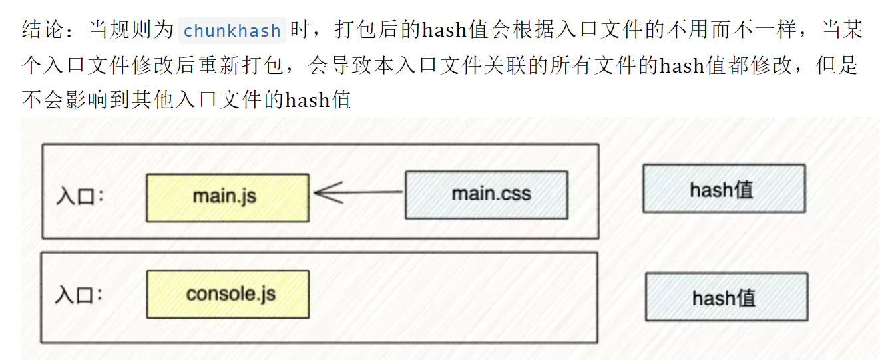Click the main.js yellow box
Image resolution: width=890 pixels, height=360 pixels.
tap(227, 198)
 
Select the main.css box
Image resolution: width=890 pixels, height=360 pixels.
tap(486, 195)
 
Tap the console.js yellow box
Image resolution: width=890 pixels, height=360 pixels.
tap(227, 294)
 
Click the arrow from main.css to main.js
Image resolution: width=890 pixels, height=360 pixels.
tap(358, 193)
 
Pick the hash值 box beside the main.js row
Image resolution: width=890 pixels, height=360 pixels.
tap(724, 189)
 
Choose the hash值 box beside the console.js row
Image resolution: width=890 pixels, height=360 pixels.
tap(726, 297)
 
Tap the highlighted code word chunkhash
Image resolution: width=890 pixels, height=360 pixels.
tap(232, 31)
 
